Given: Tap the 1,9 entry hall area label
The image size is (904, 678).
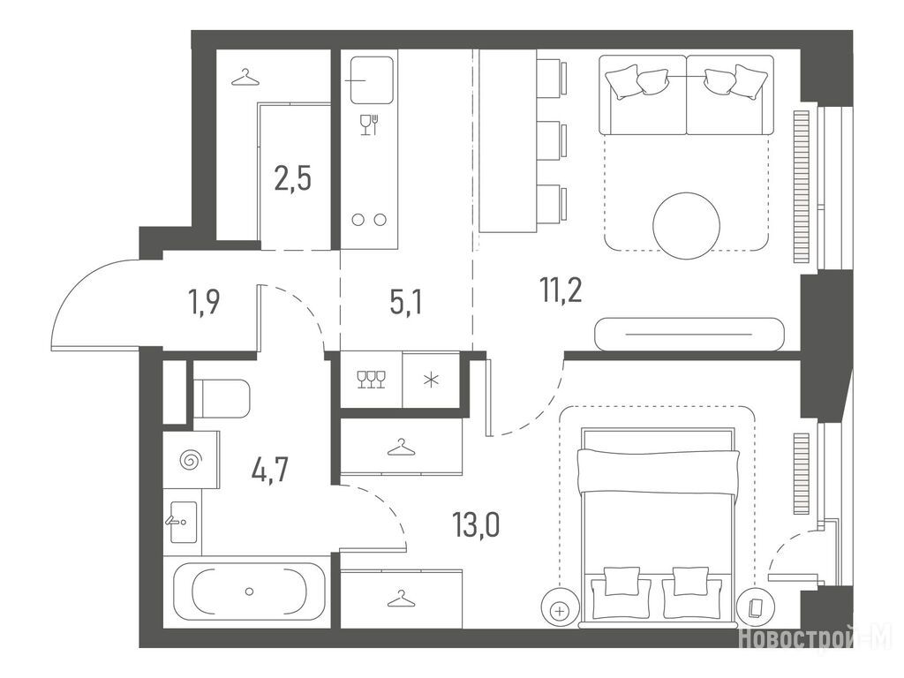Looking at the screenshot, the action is tap(204, 302).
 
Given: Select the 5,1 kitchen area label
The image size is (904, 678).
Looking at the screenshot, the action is tap(405, 302).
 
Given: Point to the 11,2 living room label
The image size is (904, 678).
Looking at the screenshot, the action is tap(561, 290).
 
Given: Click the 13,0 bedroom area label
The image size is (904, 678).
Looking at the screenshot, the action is tap(476, 524).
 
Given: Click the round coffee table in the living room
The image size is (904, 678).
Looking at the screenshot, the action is tap(686, 225).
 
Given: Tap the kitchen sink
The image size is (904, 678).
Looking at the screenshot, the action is tap(372, 79).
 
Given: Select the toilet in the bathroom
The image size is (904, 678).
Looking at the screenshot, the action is tap(222, 398).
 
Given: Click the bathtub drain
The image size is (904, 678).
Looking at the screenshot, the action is tap(249, 591).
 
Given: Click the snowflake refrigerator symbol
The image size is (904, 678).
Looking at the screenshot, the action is tap(431, 380).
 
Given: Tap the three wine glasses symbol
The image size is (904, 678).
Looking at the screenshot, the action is tap(372, 380).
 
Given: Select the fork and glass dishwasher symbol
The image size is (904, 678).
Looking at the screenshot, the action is tap(369, 124).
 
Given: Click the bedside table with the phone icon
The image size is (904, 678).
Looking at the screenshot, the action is tap(754, 607).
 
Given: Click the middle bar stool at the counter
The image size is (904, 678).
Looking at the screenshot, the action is tap(551, 139).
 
